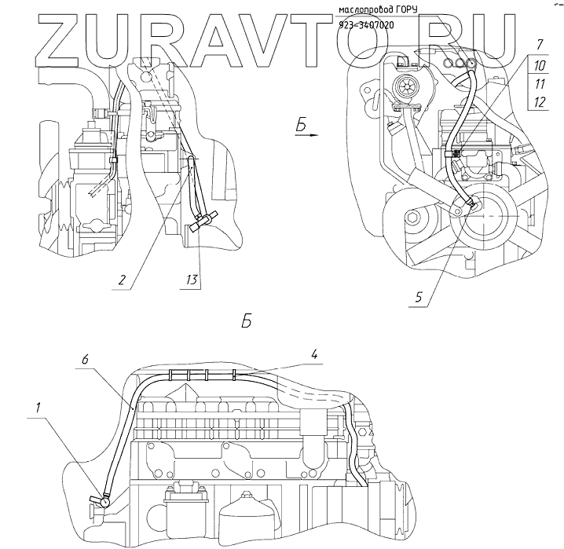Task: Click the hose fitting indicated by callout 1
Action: click(100, 498)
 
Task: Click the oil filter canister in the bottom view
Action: click(250, 518)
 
